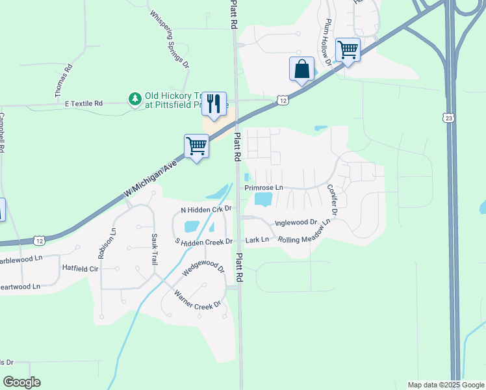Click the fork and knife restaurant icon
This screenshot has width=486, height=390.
coord(214,103)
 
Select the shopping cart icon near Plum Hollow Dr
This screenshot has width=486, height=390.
coord(348,49)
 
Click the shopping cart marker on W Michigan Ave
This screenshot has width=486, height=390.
coord(196,146)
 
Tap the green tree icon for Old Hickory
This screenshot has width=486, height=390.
coord(134,99)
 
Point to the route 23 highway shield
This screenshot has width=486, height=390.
coord(448,118)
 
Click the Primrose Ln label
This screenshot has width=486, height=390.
coord(264,188)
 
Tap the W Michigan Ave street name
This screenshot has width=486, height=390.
coord(151,176)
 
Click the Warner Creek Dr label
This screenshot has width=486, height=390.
coord(198,298)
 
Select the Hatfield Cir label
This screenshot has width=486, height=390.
coord(80,268)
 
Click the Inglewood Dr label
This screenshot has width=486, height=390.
coord(295,222)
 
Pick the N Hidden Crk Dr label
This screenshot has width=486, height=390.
coord(206,209)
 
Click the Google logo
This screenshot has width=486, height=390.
coord(21,382)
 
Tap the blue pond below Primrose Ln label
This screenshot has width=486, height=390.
coord(262,200)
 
